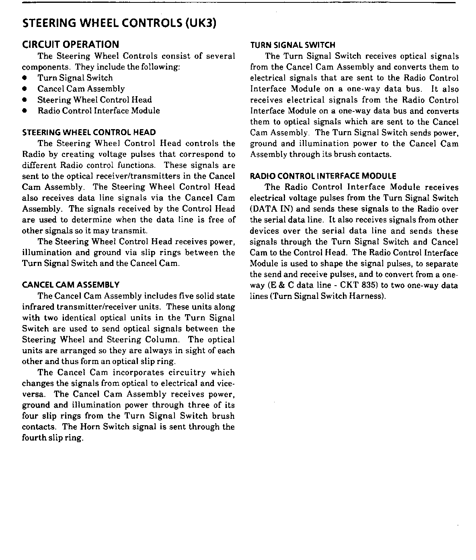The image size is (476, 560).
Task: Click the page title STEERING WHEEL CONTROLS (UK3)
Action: tap(120, 23)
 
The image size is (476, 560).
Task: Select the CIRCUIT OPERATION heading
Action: tap(70, 44)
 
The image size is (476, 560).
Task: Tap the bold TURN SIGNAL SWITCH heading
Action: tap(293, 45)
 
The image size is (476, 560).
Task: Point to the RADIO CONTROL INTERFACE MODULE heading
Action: tap(323, 176)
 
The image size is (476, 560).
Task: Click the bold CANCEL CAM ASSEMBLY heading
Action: tap(70, 285)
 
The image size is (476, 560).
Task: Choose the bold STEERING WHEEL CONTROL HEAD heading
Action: tap(89, 132)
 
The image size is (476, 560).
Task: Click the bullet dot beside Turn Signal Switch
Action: tap(25, 78)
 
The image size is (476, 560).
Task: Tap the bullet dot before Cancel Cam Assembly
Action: tap(25, 89)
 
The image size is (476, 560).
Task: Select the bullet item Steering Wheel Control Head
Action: tap(94, 100)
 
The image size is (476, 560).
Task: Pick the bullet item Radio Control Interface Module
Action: tap(98, 111)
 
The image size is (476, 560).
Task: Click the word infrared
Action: tap(37, 307)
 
